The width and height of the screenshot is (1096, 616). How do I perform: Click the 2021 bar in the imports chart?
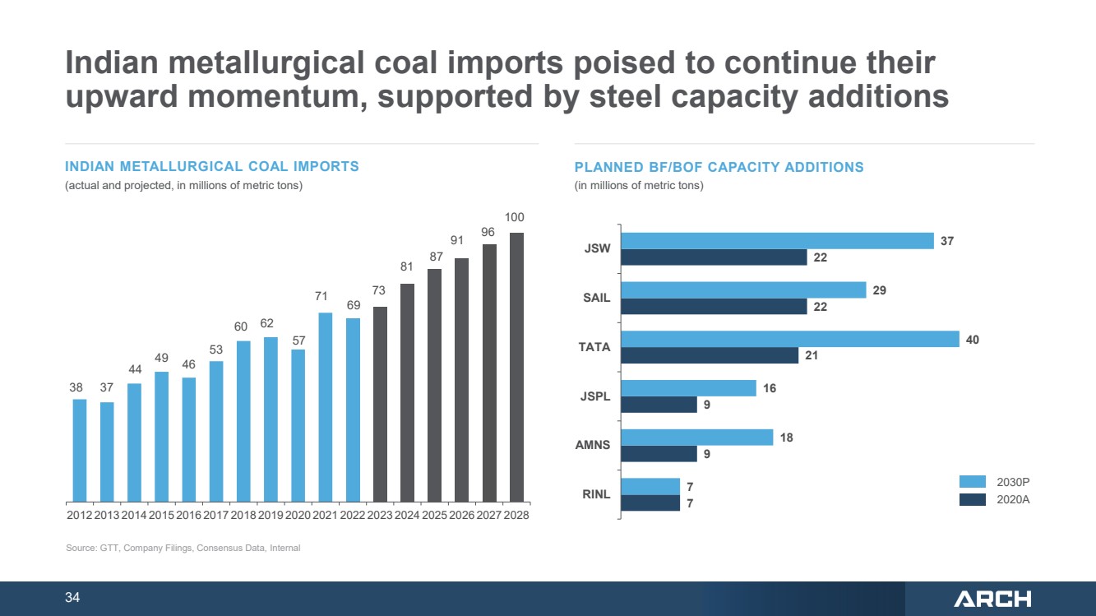tap(326, 408)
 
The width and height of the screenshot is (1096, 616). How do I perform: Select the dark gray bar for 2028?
tap(516, 368)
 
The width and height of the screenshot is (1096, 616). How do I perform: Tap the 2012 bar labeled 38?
tap(80, 451)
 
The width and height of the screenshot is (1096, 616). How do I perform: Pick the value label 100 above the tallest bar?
tap(514, 217)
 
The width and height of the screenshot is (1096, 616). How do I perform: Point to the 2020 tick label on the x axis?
tap(298, 515)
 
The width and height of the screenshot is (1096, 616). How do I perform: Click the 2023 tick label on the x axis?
tap(380, 515)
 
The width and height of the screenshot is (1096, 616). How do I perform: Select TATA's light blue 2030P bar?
tap(790, 339)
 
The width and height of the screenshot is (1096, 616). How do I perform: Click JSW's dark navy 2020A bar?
tap(714, 257)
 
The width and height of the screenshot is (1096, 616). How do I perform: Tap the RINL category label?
tap(596, 494)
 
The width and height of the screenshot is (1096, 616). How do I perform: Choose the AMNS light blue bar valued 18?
tap(697, 438)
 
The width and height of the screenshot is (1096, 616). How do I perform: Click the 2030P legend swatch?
tap(972, 482)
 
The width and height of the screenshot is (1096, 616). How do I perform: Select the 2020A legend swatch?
tap(972, 499)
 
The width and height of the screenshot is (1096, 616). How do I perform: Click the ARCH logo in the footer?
tap(992, 599)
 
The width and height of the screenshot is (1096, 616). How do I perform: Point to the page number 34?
tap(72, 597)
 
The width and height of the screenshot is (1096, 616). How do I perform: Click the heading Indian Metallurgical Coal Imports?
tap(212, 166)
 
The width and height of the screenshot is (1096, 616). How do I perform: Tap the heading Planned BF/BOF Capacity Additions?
tap(719, 167)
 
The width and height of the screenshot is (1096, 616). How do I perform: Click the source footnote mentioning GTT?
tap(183, 548)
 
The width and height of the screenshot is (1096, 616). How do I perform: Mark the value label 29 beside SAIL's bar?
tap(879, 290)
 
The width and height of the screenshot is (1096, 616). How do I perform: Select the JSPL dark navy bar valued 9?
tap(659, 405)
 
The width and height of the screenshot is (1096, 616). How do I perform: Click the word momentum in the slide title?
tap(277, 96)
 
